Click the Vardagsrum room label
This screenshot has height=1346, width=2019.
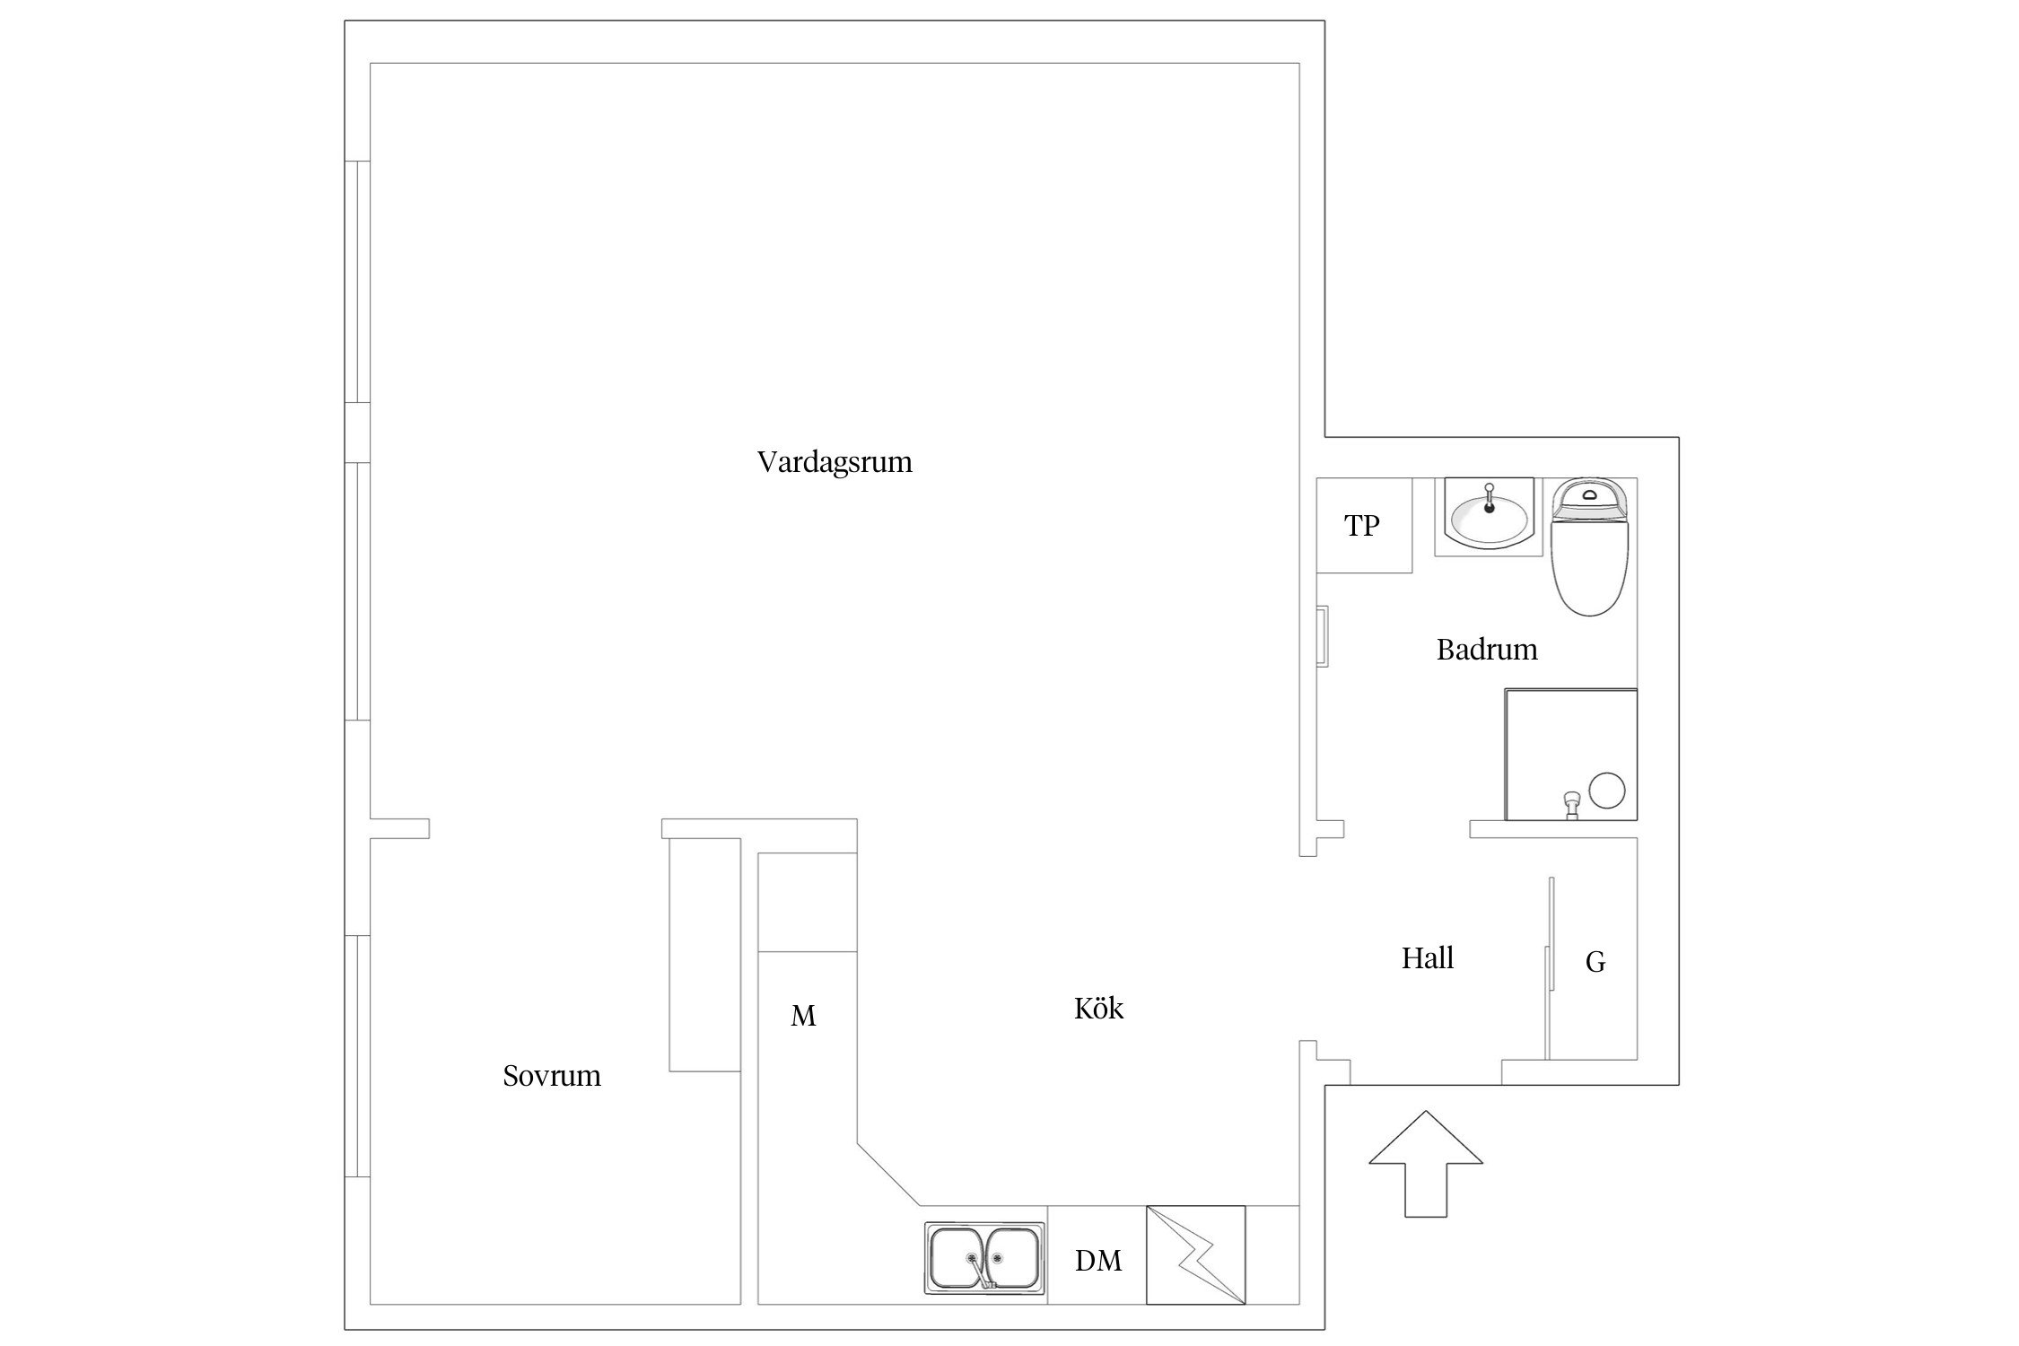point(835,462)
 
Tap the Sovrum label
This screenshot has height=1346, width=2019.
point(552,1075)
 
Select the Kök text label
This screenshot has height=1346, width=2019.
point(1098,1008)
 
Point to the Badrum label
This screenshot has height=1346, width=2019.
point(1487,649)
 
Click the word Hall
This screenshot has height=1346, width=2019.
point(1428,957)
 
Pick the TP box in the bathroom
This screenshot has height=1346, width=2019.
point(1364,525)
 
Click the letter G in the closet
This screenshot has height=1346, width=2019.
point(1595,962)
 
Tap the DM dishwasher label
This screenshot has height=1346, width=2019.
point(1098,1261)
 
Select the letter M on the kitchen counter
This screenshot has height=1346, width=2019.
point(803,1016)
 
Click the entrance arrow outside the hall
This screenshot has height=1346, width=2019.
point(1426,1164)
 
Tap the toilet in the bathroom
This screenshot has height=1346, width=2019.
point(1590,546)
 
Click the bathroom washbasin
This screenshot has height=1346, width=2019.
point(1489,518)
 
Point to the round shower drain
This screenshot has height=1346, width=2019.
point(1607,791)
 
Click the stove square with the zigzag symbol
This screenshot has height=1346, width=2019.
point(1196,1254)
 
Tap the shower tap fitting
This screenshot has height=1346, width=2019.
point(1571,805)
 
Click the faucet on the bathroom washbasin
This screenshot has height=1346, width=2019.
point(1490,498)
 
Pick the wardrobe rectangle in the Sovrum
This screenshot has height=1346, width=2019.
point(704,955)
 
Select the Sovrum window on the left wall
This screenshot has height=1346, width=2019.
point(358,1056)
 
